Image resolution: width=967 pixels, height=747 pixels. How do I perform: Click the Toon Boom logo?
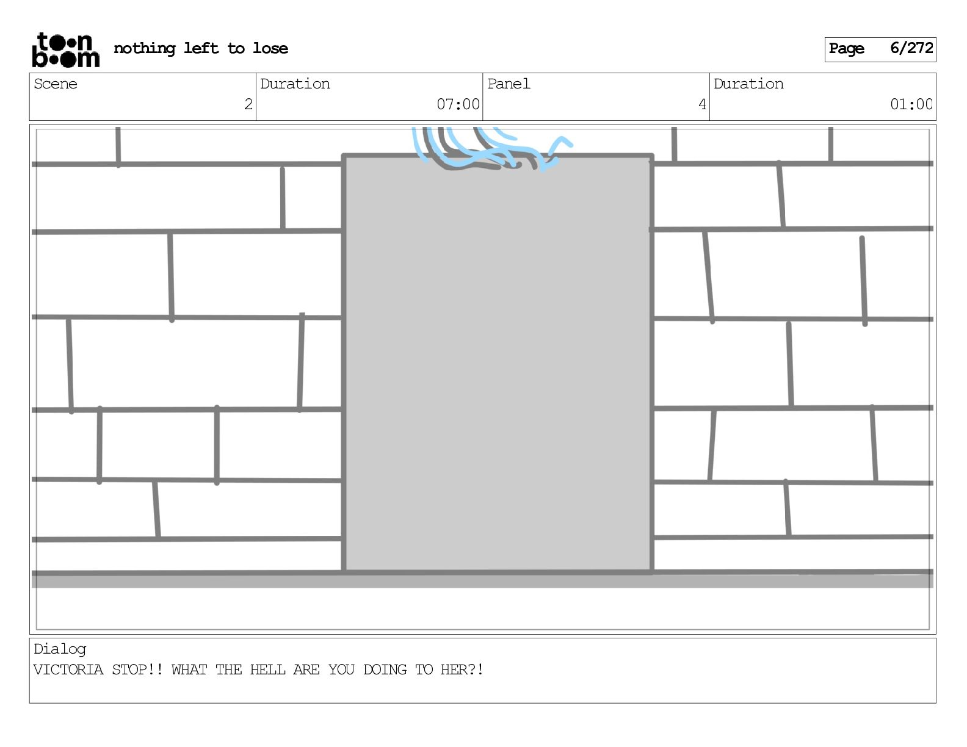(65, 50)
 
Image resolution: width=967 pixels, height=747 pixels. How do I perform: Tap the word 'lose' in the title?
(270, 48)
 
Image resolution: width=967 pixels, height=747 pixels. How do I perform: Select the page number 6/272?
(911, 48)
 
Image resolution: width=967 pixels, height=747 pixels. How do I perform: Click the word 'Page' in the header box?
(847, 49)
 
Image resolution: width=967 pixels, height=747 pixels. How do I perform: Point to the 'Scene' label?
(56, 84)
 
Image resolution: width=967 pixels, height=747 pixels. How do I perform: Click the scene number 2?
(248, 104)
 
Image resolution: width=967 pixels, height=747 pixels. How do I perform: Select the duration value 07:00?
(458, 104)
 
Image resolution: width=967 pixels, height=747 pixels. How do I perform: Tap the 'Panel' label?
(509, 84)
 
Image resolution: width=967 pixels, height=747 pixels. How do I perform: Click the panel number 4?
(702, 104)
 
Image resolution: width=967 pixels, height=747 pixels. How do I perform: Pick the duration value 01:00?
(911, 104)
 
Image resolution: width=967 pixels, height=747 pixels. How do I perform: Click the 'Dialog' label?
(60, 649)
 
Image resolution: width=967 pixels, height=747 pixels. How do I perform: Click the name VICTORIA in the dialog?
(68, 670)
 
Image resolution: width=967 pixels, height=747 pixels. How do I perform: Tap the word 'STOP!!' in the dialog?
(137, 670)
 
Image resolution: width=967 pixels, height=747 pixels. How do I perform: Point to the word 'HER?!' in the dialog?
(462, 670)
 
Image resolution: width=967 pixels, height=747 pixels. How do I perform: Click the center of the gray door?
(498, 364)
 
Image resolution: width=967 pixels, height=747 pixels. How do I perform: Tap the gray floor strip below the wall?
(482, 581)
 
